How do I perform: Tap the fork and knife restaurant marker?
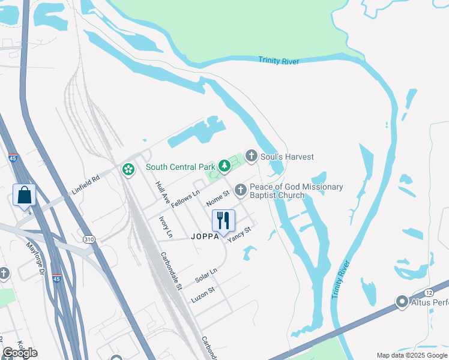[223, 220]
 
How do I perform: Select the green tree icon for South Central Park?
[224, 165]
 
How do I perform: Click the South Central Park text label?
[180, 167]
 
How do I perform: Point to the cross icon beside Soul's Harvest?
[252, 157]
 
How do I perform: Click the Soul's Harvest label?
[288, 157]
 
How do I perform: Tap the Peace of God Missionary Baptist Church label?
[296, 191]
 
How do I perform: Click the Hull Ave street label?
[160, 190]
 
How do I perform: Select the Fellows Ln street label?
[185, 200]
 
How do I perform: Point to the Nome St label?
[218, 197]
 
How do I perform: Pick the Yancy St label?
[238, 232]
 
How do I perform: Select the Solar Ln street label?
[206, 277]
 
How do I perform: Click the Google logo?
[20, 353]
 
